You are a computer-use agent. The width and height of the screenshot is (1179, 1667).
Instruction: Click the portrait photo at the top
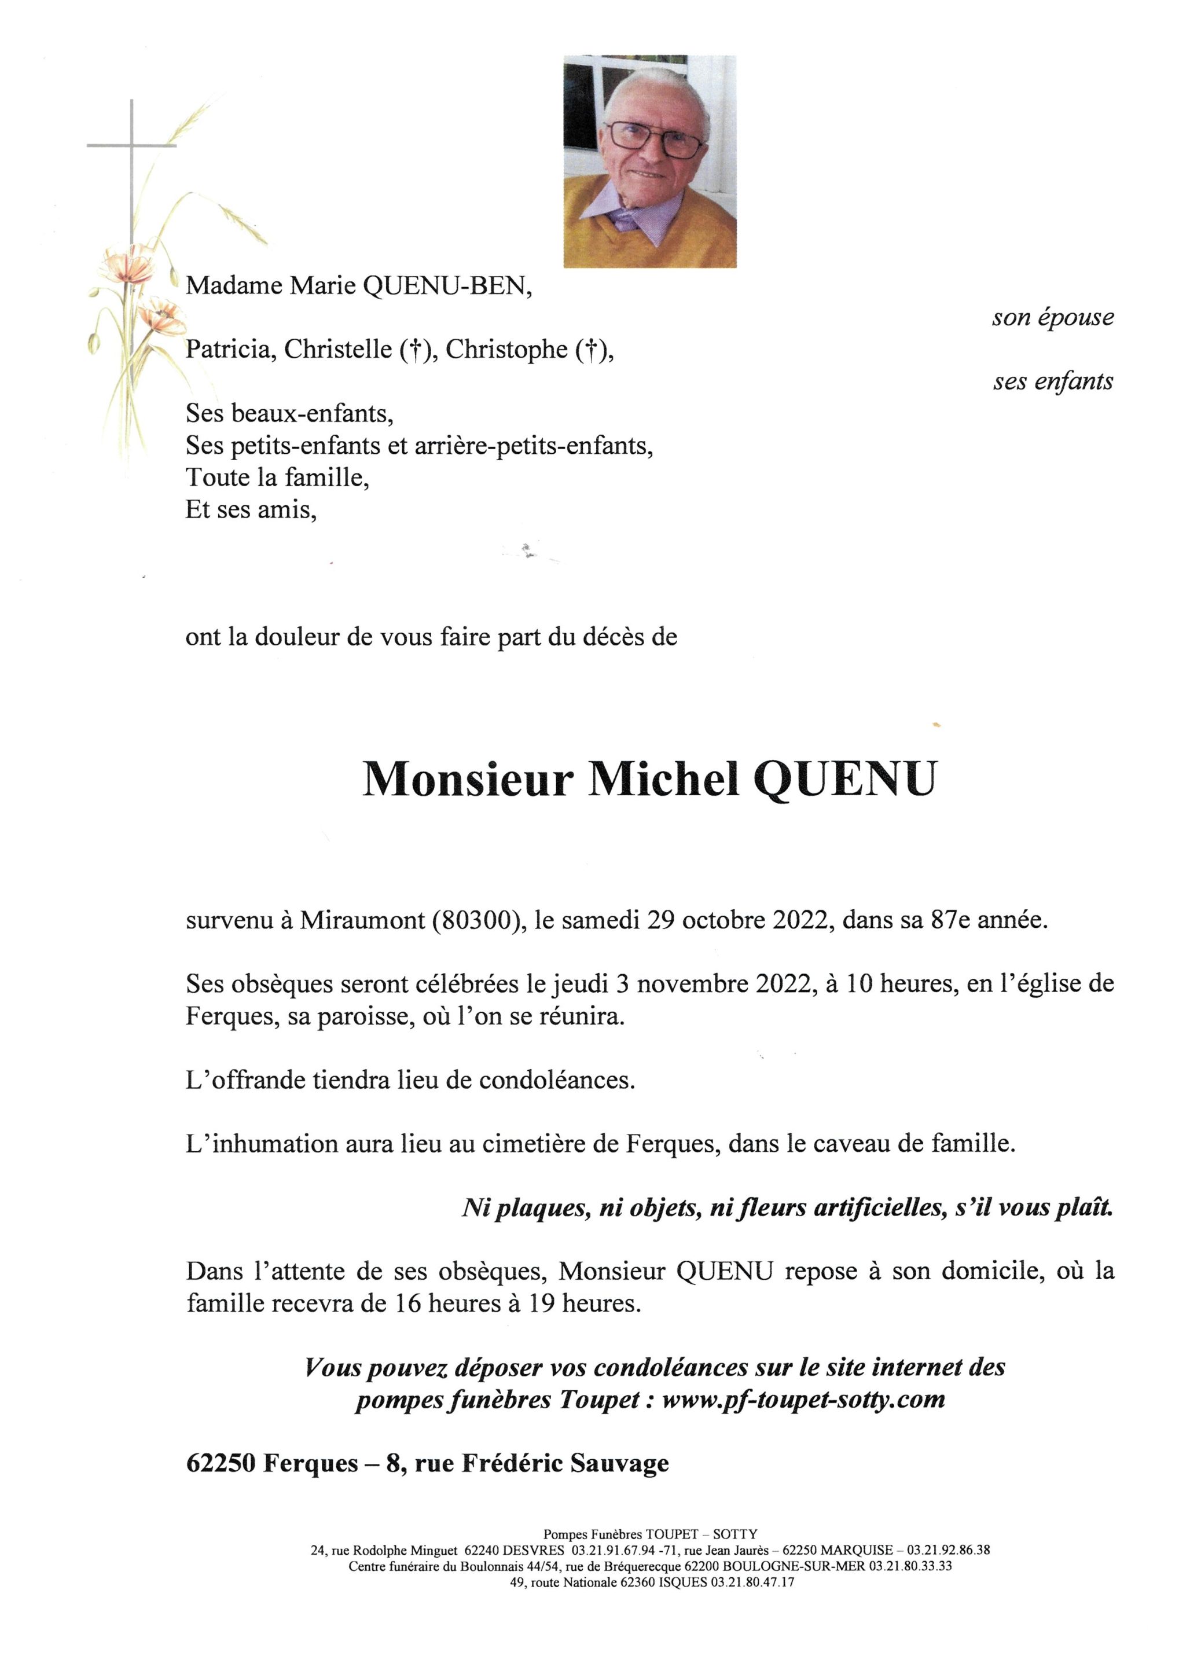(650, 161)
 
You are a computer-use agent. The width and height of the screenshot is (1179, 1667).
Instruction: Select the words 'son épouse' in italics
(1053, 318)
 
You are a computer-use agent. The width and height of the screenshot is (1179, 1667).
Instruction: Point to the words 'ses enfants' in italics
(1053, 382)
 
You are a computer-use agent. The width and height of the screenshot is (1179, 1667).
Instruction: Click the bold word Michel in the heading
(663, 779)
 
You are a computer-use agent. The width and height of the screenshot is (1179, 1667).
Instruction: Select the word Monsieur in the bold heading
(468, 779)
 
